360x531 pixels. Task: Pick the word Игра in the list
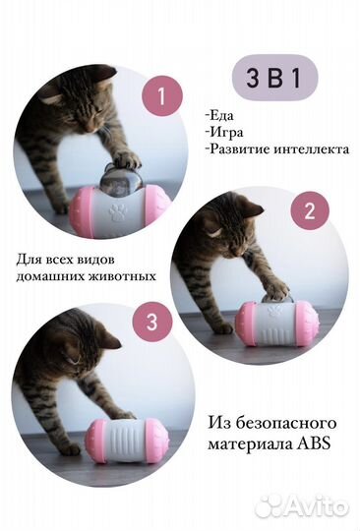coord(230,133)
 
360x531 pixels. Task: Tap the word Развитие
coord(240,150)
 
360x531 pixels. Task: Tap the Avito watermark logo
coord(300,505)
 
